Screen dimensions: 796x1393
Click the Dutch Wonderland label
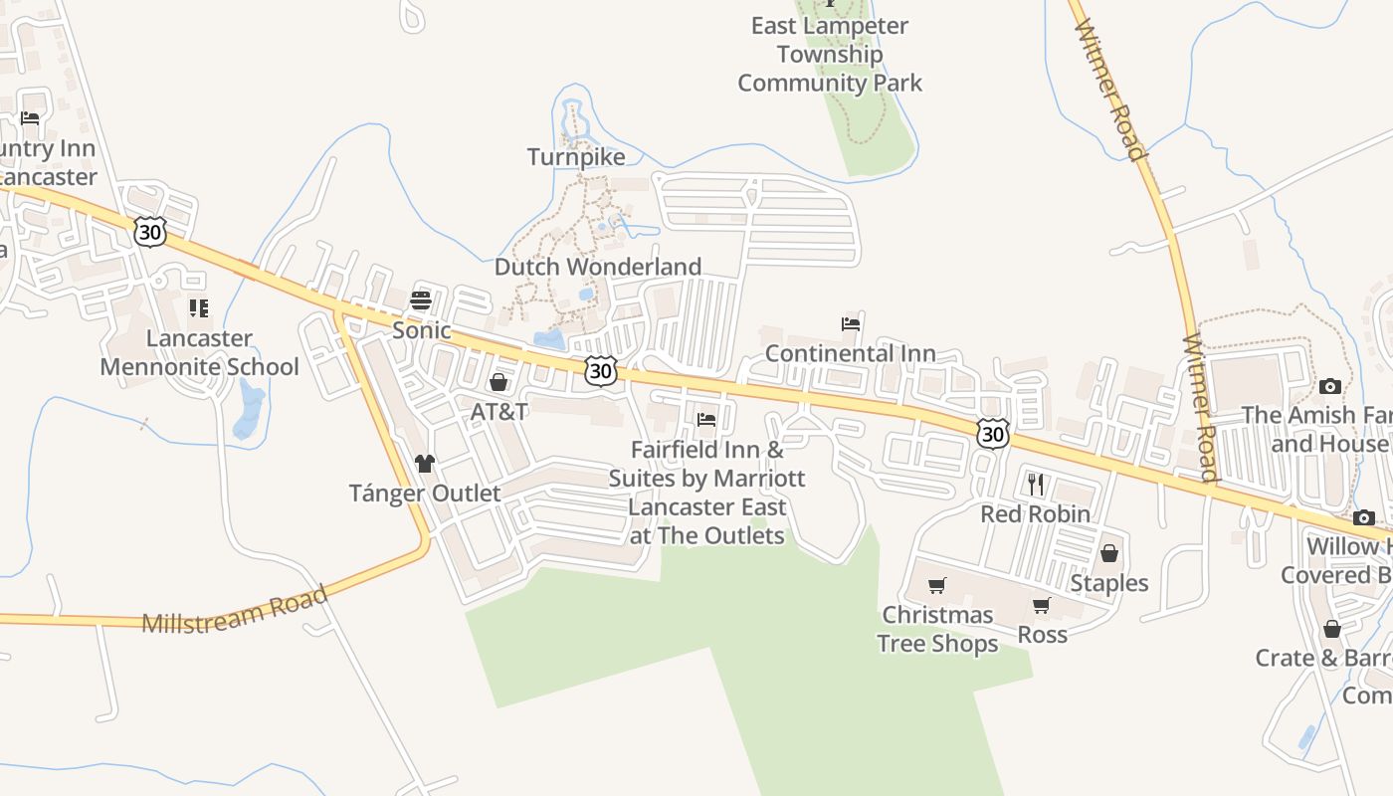(x=598, y=267)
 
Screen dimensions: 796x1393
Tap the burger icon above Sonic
(x=421, y=299)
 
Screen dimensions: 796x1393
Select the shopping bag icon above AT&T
(x=498, y=382)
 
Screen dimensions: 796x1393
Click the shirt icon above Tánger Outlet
(x=425, y=463)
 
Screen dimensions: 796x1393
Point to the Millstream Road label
(x=235, y=610)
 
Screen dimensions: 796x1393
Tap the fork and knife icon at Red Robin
(x=1036, y=485)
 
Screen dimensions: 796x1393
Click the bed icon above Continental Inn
(x=851, y=323)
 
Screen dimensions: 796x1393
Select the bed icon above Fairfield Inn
(x=706, y=419)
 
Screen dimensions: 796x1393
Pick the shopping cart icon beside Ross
(x=1042, y=605)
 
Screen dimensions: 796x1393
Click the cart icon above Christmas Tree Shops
(x=936, y=585)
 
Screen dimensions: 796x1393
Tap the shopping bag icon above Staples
(x=1109, y=553)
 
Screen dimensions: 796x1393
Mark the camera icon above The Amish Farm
(x=1329, y=386)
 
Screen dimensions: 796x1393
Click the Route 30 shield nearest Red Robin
(x=993, y=433)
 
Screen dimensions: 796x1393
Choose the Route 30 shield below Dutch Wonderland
(x=600, y=371)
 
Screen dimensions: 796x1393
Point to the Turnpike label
(x=576, y=157)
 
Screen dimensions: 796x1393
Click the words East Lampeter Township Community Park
(x=830, y=54)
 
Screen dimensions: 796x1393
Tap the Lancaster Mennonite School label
(x=199, y=352)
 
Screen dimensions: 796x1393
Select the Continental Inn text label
(x=850, y=353)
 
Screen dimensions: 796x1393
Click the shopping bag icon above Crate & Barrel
(x=1331, y=629)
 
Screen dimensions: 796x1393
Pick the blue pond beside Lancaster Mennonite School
(x=249, y=410)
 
